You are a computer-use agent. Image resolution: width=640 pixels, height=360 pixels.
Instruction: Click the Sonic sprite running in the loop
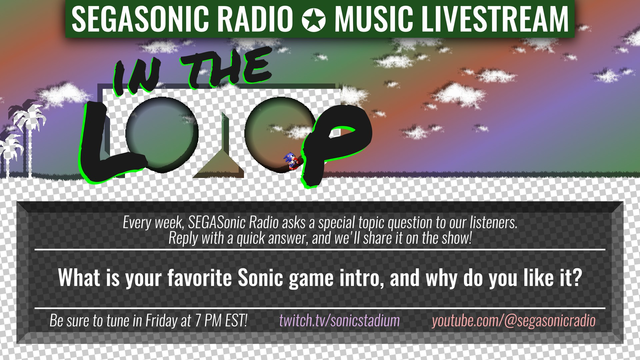coord(291,161)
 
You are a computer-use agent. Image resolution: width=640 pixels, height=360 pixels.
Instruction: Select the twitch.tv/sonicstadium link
coord(339,321)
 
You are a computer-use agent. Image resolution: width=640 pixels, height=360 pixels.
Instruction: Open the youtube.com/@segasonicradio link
coord(514,321)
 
